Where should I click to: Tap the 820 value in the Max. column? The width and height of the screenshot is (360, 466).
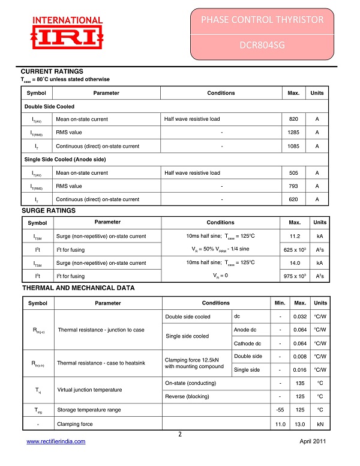[x=293, y=119]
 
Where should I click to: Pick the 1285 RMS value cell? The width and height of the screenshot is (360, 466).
[x=293, y=132]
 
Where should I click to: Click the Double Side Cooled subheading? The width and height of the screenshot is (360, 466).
[x=49, y=106]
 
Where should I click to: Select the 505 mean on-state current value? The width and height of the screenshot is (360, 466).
[x=293, y=173]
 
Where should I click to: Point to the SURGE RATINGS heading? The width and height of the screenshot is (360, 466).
[x=49, y=211]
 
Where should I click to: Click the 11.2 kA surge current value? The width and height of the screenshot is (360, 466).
[x=295, y=236]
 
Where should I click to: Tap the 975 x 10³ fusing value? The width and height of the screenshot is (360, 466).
[x=295, y=276]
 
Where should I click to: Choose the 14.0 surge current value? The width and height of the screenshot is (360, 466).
[x=295, y=262]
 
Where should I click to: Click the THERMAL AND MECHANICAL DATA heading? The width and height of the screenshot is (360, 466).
[x=78, y=288]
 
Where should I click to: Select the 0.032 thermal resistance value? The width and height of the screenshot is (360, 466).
[x=300, y=316]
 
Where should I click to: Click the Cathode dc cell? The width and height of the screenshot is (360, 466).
[x=247, y=343]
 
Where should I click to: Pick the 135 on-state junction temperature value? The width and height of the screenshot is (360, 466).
[x=300, y=383]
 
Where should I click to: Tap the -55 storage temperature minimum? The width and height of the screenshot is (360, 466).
[x=280, y=410]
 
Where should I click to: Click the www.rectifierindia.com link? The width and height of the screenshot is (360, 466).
[x=56, y=441]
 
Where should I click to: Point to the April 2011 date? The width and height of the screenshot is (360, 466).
[x=312, y=441]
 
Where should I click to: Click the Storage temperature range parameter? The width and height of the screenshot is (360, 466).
[x=89, y=410]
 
